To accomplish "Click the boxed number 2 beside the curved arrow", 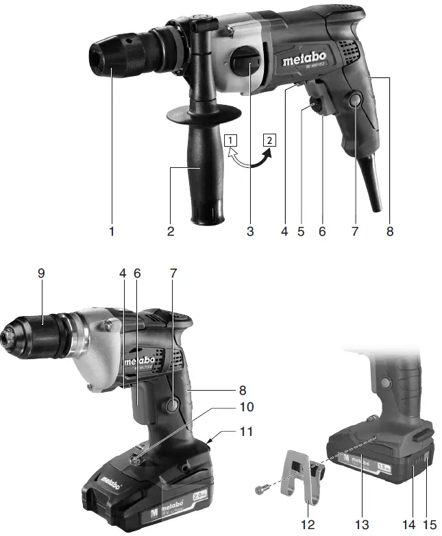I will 271,141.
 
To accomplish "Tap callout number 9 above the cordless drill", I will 43,273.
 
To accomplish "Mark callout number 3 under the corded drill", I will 250,232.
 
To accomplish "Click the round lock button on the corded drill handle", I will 354,101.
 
